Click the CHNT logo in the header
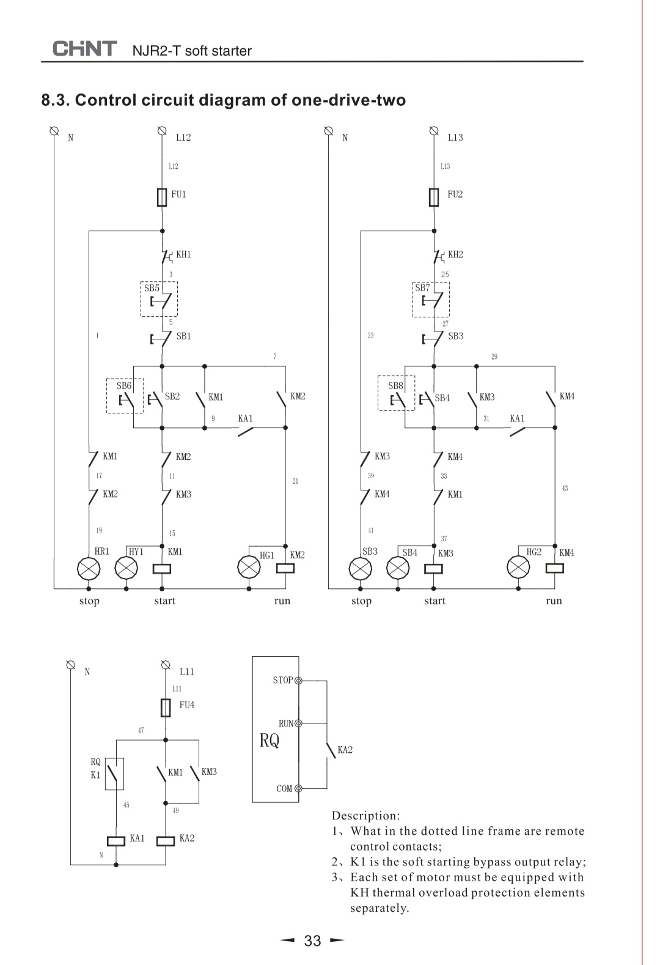coord(84,49)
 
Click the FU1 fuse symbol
coord(162,197)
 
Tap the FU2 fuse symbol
coord(434,197)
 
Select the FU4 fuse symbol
coord(166,708)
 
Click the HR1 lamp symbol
coord(89,568)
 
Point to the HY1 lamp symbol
coord(127,568)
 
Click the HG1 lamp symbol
coord(249,567)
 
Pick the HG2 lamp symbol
coord(519,567)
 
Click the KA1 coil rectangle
coord(116,840)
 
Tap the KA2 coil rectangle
coord(166,840)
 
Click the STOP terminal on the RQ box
coord(299,680)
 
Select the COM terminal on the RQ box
coord(299,788)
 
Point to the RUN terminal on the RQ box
coord(299,723)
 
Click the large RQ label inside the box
coord(269,741)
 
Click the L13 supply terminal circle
coord(434,130)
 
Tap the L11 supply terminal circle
coord(165,665)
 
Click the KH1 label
coord(183,254)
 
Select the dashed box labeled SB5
coord(159,299)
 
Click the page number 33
coord(312,941)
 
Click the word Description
coord(365,815)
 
